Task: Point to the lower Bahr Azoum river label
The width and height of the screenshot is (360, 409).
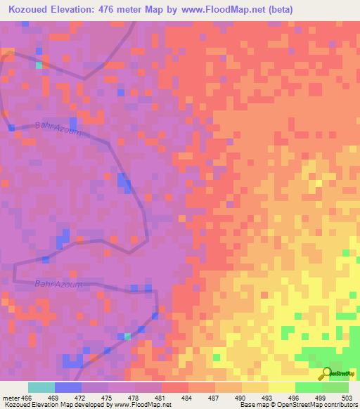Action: tap(58, 284)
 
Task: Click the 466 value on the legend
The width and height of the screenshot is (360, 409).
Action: tap(29, 398)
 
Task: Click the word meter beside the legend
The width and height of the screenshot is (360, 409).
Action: tap(11, 398)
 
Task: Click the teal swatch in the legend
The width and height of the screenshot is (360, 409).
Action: tap(41, 387)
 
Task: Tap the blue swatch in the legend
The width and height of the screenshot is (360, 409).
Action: tap(68, 387)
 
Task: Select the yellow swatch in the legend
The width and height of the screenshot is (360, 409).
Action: tap(282, 387)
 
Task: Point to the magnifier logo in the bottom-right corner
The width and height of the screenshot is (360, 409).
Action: tap(326, 374)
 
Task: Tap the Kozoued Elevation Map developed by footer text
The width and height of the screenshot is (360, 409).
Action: tap(56, 405)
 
